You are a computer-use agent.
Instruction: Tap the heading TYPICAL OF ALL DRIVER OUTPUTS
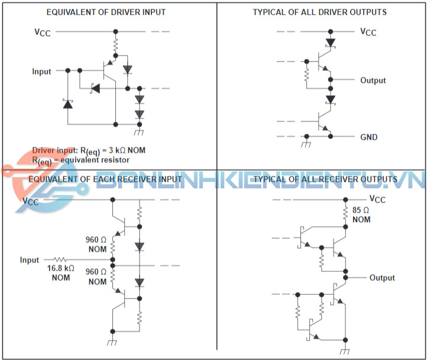click(320, 12)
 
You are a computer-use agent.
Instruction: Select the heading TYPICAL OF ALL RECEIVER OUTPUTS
click(325, 179)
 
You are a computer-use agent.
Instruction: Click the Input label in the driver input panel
click(42, 71)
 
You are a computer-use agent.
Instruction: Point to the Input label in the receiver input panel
click(30, 260)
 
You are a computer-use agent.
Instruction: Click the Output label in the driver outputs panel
click(373, 80)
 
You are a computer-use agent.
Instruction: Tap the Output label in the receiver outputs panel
click(382, 278)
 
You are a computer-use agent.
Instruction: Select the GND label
click(369, 137)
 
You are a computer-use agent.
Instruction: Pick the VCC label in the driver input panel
click(42, 32)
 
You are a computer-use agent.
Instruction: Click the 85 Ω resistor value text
click(361, 210)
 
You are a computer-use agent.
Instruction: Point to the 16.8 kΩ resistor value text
click(61, 268)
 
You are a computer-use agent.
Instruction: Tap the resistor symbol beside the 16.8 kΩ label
click(62, 259)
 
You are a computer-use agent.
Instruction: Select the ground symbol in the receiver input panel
click(112, 343)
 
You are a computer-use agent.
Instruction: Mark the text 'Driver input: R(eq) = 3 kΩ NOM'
click(89, 150)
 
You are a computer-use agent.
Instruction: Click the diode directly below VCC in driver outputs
click(331, 42)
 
